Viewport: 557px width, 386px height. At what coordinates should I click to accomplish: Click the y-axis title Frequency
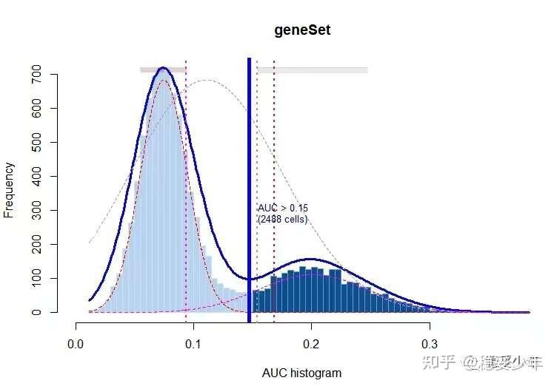click(10, 191)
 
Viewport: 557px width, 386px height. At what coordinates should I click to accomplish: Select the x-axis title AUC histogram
click(301, 373)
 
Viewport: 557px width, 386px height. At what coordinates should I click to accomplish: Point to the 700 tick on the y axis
click(35, 75)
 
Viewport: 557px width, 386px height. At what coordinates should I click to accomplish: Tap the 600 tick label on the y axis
click(35, 109)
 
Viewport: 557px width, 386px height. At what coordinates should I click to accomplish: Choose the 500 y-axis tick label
click(35, 143)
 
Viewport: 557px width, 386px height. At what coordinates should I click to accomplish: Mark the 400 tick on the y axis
click(35, 177)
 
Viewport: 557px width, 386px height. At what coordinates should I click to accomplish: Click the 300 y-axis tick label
click(35, 211)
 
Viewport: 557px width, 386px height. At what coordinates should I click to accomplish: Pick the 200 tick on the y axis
click(35, 244)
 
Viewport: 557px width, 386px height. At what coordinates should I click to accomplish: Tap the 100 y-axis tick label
click(35, 278)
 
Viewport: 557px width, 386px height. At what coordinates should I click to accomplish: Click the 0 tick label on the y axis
click(35, 312)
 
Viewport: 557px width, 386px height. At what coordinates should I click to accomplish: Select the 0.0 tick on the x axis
click(76, 343)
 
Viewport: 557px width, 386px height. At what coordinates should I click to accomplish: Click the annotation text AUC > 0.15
click(282, 209)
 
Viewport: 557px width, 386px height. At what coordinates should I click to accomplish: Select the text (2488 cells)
click(282, 220)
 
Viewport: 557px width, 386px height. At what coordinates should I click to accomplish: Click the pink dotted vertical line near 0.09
click(186, 185)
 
